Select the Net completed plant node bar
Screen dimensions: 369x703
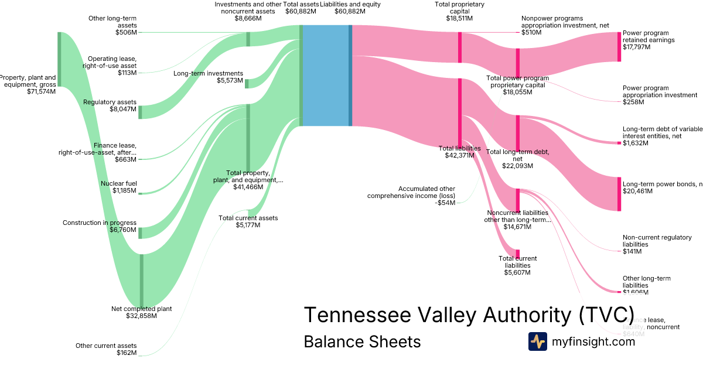pyautogui.click(x=141, y=280)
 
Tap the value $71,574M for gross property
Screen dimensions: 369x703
pyautogui.click(x=41, y=91)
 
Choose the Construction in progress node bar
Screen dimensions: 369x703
pyautogui.click(x=141, y=233)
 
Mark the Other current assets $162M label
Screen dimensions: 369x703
pyautogui.click(x=106, y=349)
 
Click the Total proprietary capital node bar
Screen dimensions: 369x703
pyautogui.click(x=460, y=47)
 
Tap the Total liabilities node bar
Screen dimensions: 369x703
pyautogui.click(x=460, y=113)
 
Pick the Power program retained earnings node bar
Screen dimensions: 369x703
pyautogui.click(x=619, y=47)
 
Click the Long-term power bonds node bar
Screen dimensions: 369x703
pyautogui.click(x=619, y=193)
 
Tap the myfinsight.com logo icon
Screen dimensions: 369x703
pyautogui.click(x=537, y=341)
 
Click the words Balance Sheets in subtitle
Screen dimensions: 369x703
pyautogui.click(x=362, y=341)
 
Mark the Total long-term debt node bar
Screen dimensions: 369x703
pyautogui.click(x=518, y=133)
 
